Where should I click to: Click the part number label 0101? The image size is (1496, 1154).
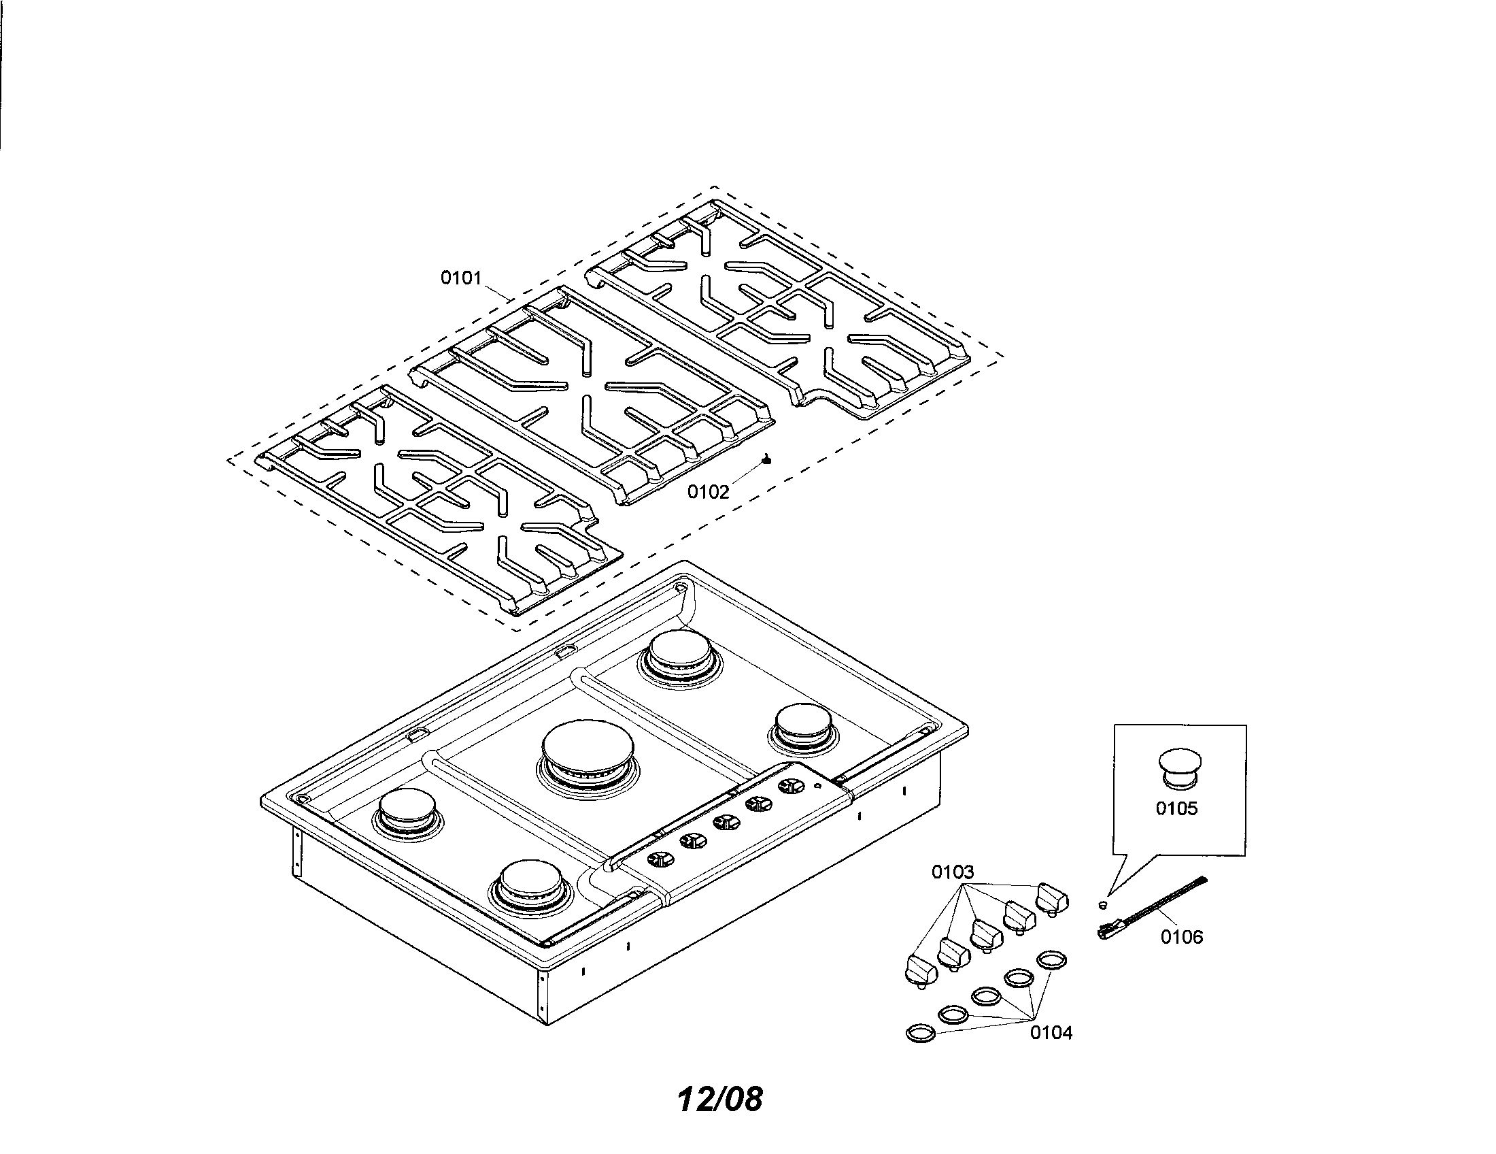coord(461,278)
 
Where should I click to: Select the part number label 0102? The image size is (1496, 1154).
coord(709,491)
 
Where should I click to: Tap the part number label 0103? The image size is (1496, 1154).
coord(952,872)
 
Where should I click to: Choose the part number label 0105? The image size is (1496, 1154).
coord(1177,808)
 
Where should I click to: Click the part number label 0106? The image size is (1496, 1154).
coord(1182,937)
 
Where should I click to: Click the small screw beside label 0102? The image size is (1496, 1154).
coord(766,460)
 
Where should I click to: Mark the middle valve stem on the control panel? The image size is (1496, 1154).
coord(725,821)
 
